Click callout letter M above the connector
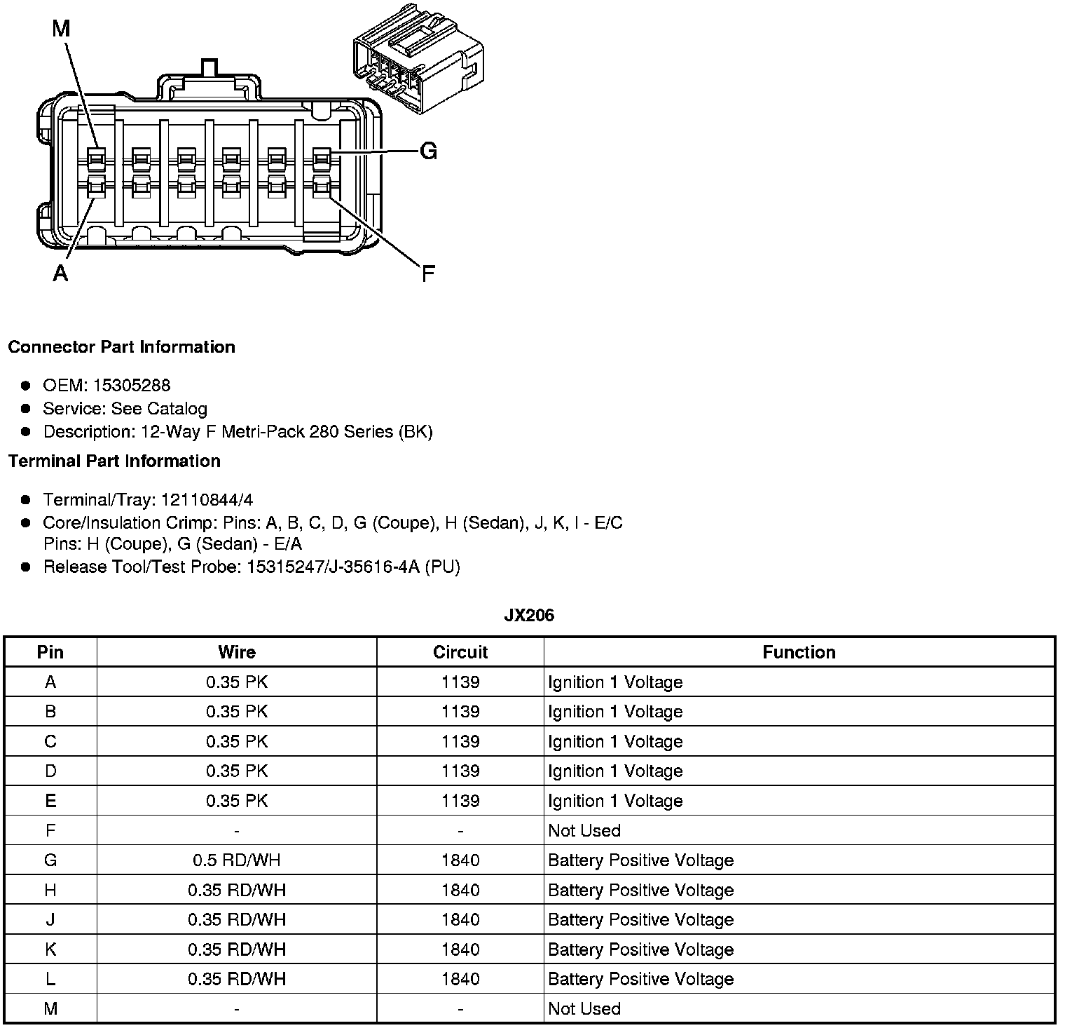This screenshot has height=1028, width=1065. point(62,29)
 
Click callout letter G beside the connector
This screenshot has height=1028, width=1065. point(428,151)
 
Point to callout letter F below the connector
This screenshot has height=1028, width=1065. point(428,273)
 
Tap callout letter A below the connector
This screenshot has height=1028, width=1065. point(61,273)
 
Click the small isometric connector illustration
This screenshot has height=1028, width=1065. point(418,59)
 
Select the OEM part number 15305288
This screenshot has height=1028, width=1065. point(132,385)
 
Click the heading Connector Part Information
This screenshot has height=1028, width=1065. point(121,347)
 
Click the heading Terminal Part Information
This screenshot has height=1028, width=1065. point(114,461)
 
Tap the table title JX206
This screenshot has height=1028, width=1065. point(529,616)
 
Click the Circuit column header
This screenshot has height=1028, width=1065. point(460,652)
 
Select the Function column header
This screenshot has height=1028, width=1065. point(799,652)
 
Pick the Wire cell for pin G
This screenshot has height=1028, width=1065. point(237,860)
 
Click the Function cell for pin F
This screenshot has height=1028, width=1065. point(584,831)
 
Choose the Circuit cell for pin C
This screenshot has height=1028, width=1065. point(460,742)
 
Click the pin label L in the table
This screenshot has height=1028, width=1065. point(50,979)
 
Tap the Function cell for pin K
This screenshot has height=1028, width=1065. point(640,949)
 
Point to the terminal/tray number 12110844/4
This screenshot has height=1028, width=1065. point(207,500)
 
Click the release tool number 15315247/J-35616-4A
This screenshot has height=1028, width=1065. point(333,567)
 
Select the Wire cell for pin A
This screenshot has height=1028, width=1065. point(237,682)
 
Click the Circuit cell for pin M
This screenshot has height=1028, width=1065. point(460,1009)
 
